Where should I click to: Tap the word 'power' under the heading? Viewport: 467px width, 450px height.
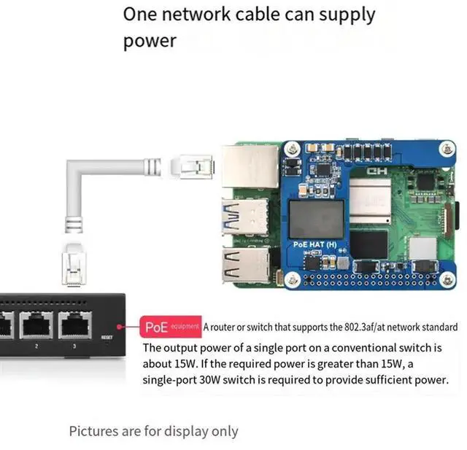[x=150, y=41]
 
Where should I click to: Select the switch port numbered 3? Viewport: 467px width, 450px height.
[x=74, y=325]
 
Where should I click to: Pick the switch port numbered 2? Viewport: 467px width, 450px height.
[x=34, y=325]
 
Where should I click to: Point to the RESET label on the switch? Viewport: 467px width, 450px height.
[x=107, y=337]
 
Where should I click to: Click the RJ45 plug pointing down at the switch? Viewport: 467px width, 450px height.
[x=73, y=265]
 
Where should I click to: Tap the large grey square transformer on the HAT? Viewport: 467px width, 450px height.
[x=316, y=219]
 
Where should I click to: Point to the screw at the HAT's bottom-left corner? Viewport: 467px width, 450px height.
[x=293, y=277]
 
